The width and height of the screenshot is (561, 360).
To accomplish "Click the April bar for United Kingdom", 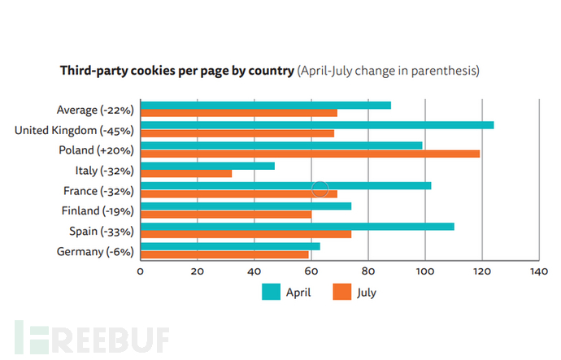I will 317,125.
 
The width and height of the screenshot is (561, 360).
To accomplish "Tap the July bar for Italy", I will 186,173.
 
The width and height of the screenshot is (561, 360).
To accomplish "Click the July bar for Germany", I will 224,254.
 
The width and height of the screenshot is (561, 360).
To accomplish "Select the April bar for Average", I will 265,105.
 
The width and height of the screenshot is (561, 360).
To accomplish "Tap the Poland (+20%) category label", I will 96,150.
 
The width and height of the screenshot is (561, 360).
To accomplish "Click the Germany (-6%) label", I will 95,251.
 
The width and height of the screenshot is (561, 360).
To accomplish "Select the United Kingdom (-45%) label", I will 74,130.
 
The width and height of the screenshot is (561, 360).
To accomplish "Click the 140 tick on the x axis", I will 537,271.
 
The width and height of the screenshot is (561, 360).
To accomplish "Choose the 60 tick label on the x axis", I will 311,271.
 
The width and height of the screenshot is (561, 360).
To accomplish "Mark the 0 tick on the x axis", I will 141,271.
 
